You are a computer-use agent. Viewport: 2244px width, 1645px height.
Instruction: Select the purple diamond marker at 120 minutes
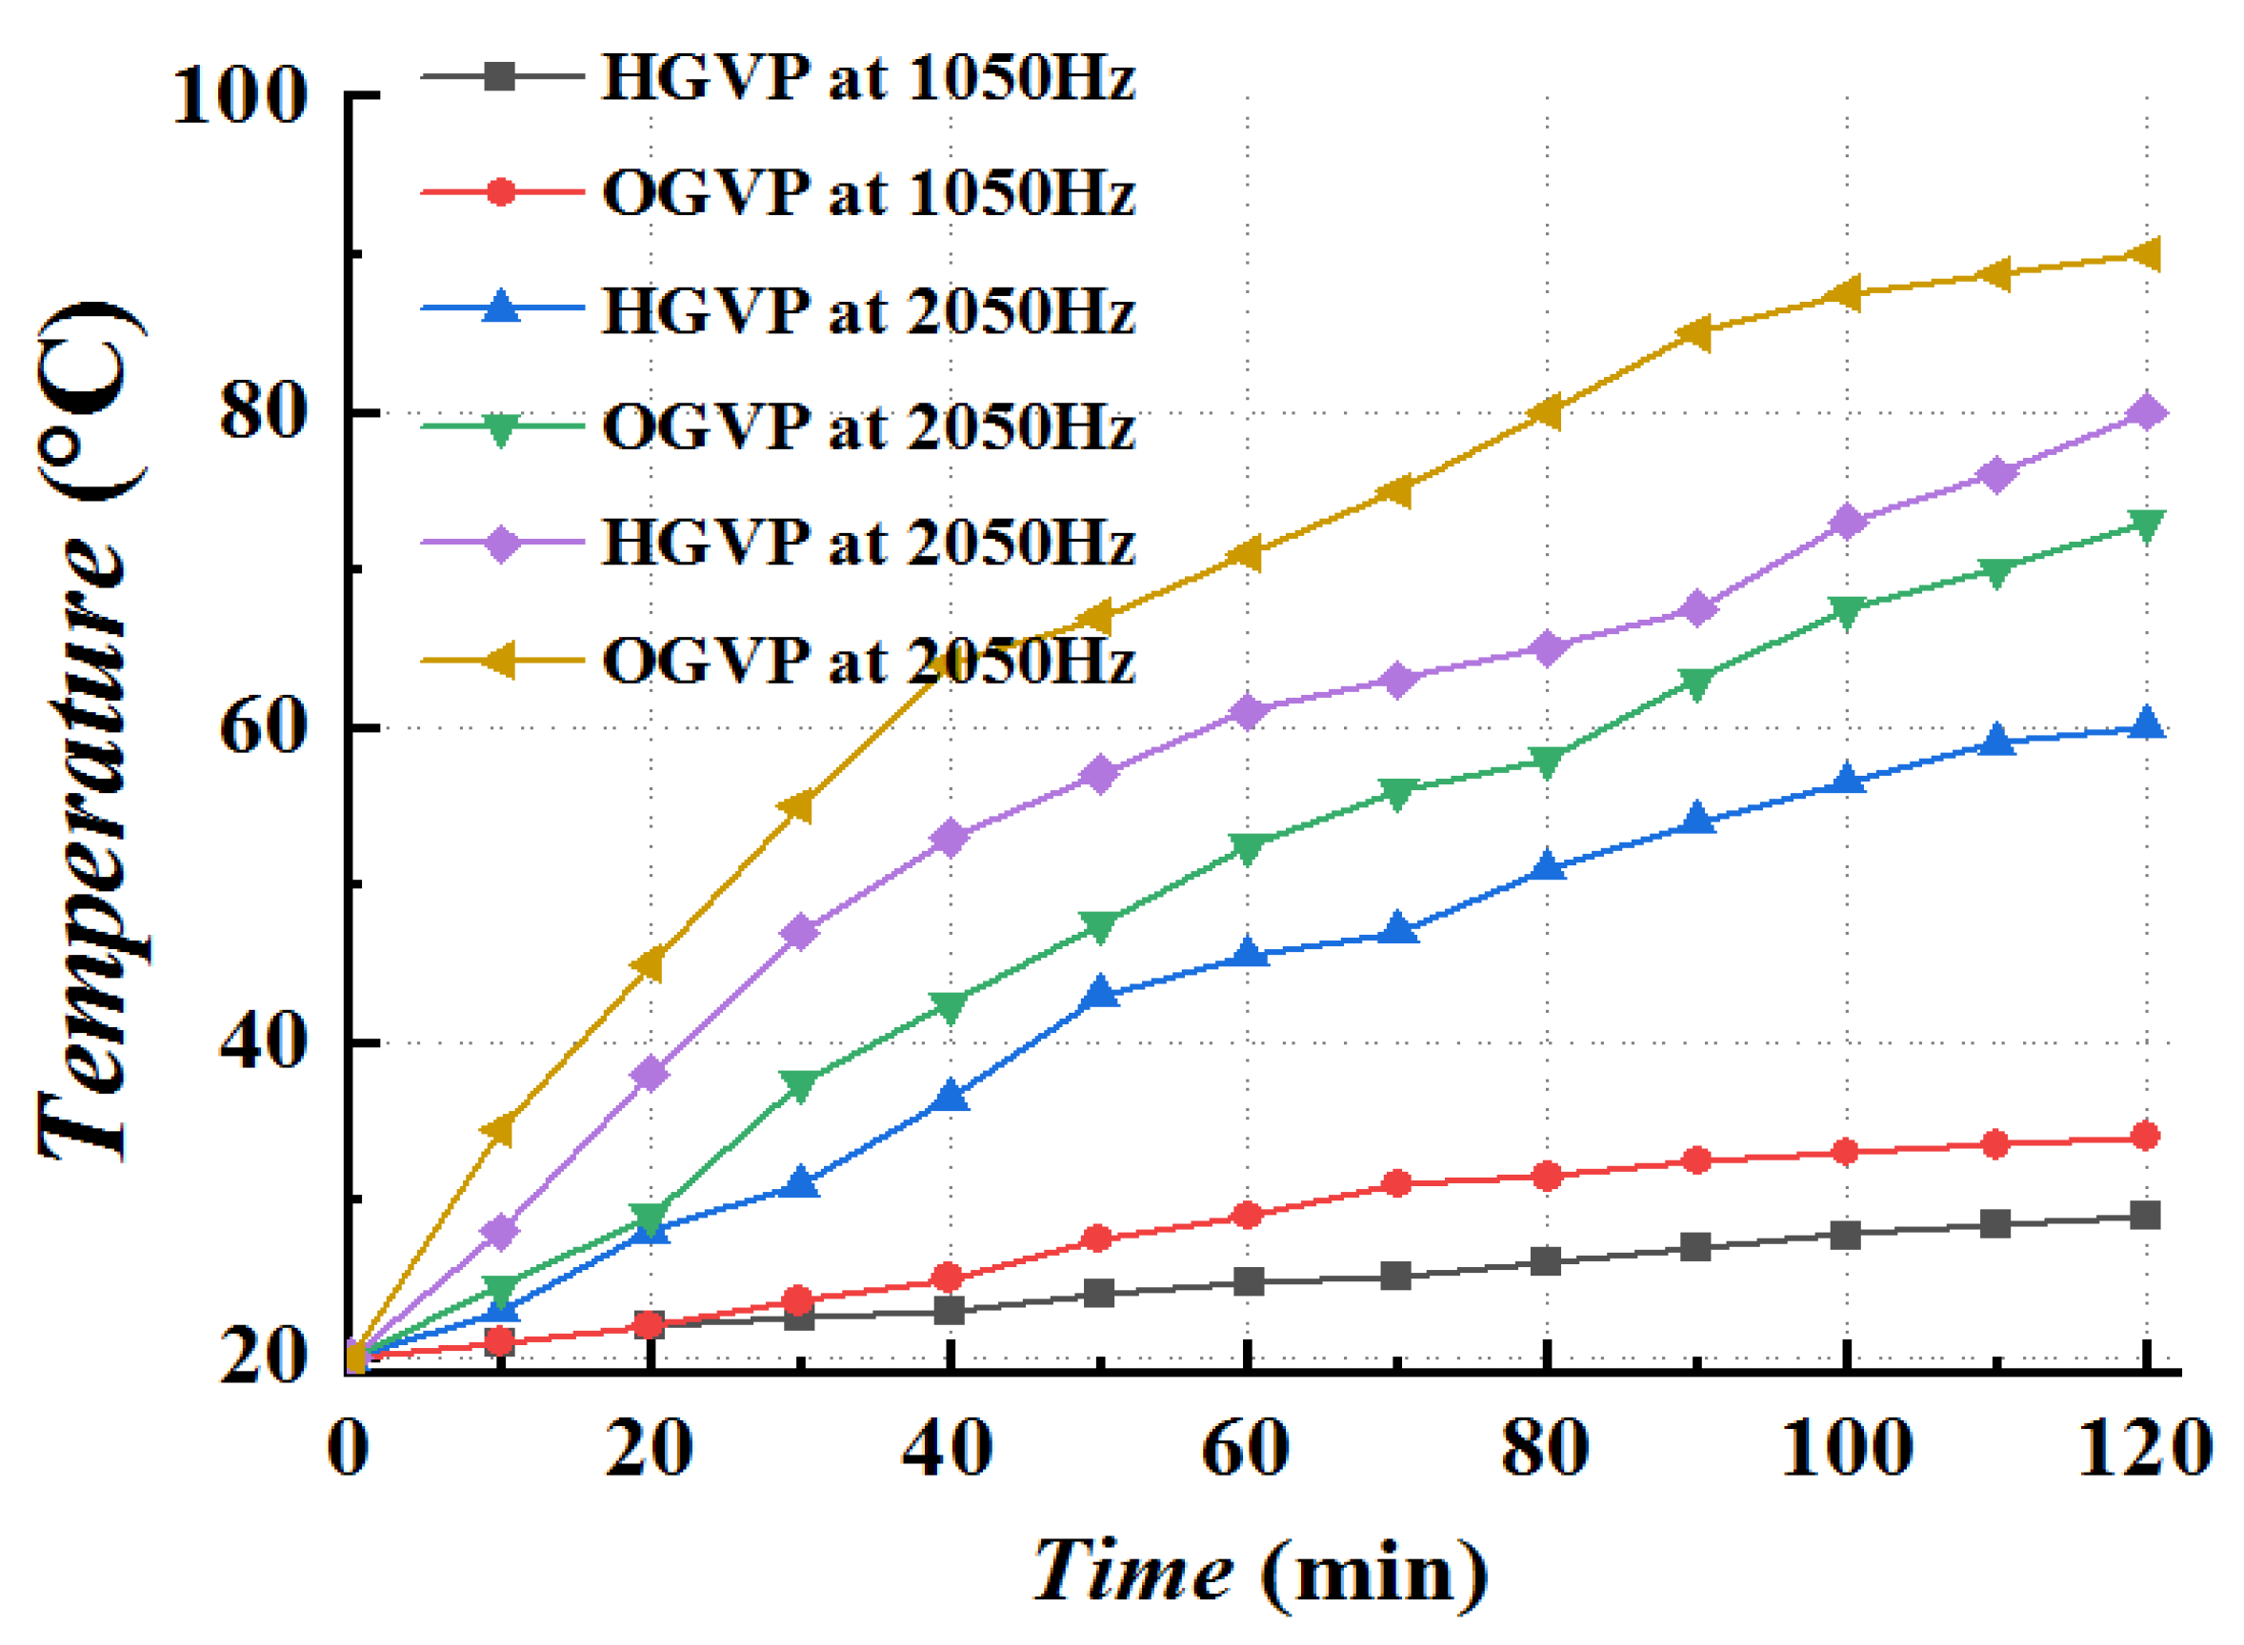pos(2144,412)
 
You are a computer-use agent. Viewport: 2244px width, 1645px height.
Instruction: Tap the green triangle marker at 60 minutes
pos(1247,847)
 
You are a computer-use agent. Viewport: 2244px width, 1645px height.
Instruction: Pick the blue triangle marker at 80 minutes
pos(1547,865)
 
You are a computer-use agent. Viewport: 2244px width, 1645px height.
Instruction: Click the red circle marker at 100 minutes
pos(1846,1152)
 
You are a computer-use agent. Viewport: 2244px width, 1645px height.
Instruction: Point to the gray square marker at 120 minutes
pos(2144,1216)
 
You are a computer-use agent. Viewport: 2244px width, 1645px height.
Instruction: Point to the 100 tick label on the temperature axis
pos(239,96)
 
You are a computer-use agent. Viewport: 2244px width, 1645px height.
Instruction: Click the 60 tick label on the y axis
pos(261,729)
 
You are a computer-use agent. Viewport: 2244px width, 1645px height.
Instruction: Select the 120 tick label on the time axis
pos(2144,1448)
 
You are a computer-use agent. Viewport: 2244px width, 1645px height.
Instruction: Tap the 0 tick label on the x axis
pos(349,1448)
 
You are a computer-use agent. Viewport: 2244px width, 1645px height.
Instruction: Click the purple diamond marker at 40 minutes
pos(951,838)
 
